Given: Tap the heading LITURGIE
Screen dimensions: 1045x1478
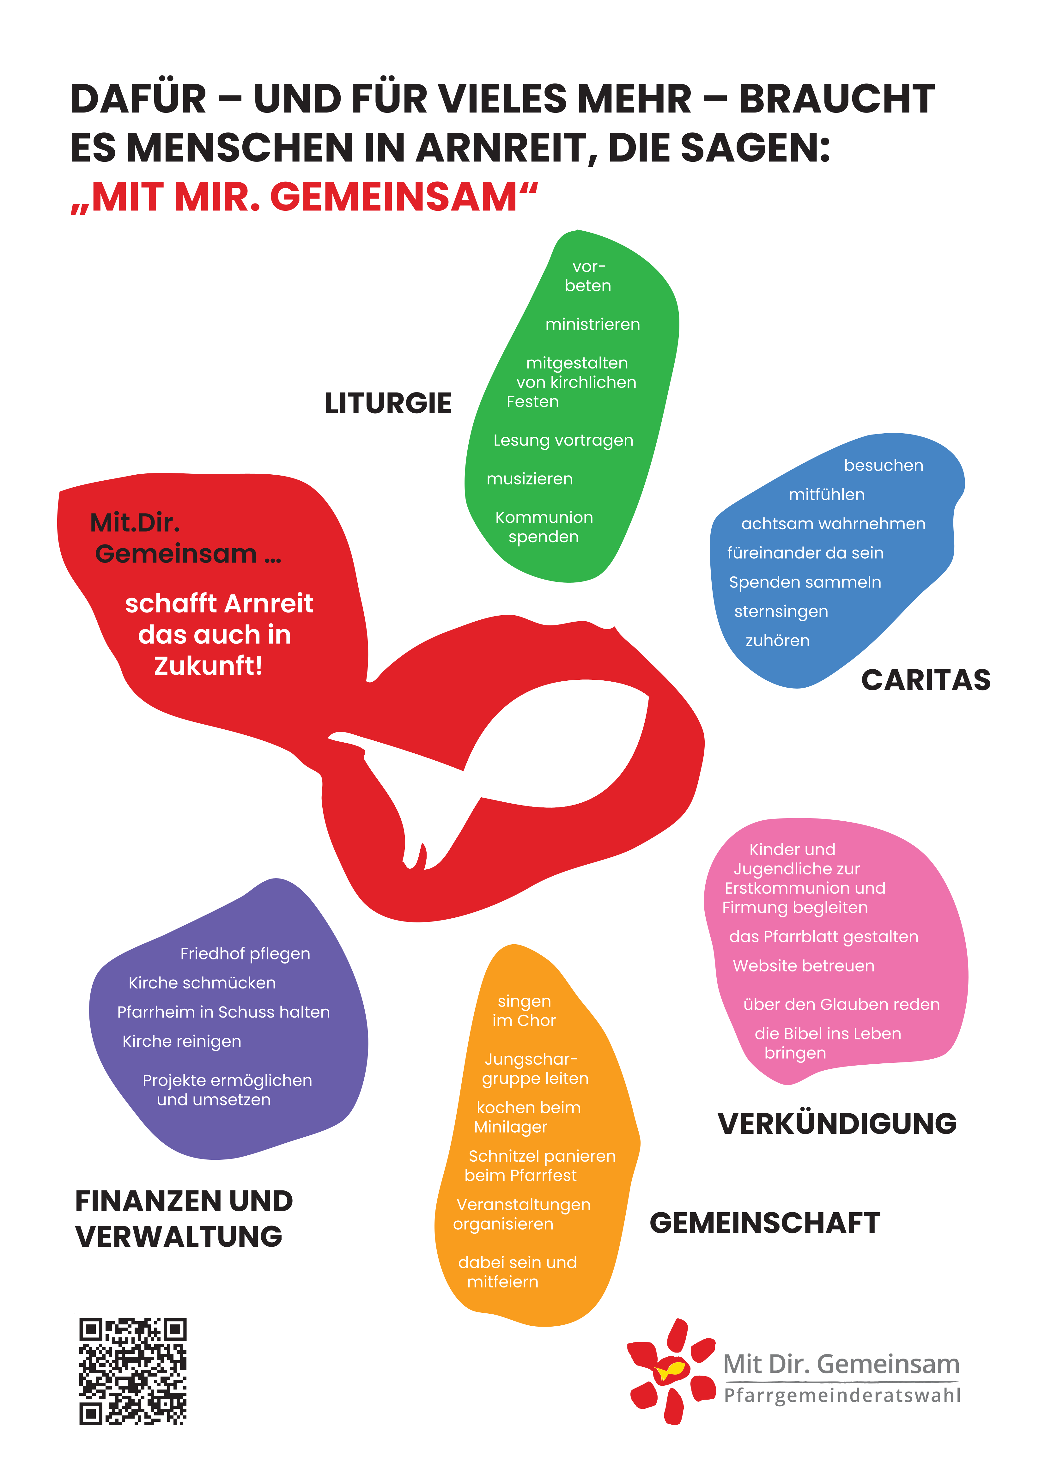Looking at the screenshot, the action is pos(388,404).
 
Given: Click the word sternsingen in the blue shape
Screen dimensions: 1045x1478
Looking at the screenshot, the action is pos(781,611).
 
